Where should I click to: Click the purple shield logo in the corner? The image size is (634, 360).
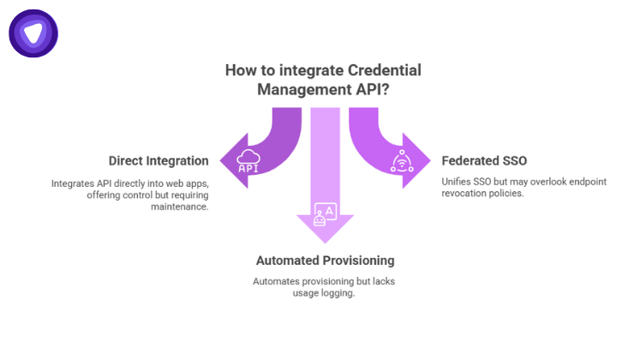(33, 33)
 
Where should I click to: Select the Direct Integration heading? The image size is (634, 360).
(158, 160)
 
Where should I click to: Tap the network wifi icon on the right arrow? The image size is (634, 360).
(403, 160)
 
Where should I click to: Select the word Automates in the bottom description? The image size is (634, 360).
(278, 281)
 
